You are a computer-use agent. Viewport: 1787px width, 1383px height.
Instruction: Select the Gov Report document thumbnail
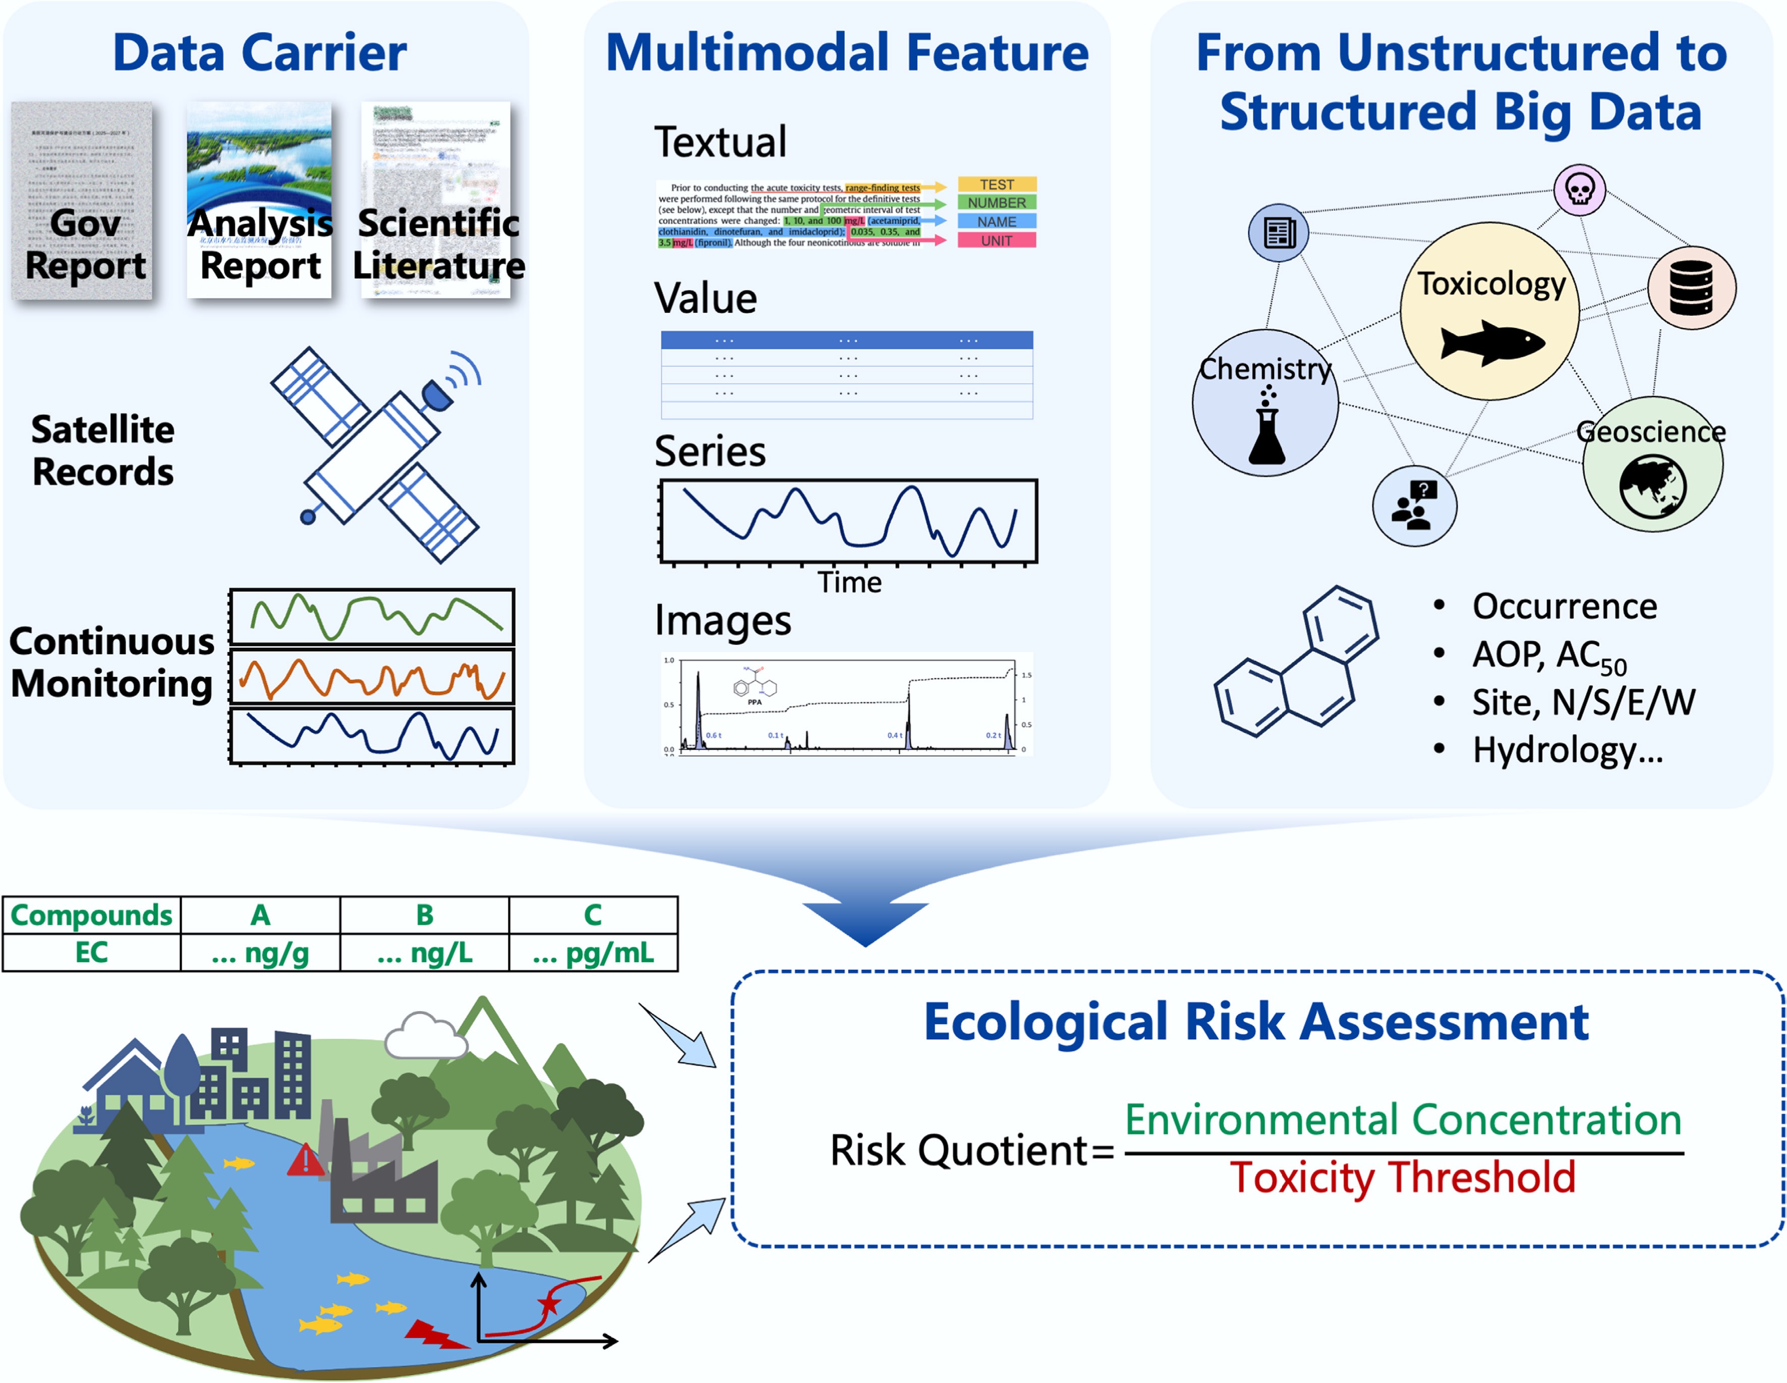point(82,200)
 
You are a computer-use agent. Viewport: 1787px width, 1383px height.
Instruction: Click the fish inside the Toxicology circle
point(1491,342)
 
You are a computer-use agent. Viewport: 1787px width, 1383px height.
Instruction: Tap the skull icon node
point(1579,190)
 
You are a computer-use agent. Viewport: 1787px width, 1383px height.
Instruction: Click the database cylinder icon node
point(1691,288)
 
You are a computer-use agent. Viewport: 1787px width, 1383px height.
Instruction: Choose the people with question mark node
point(1414,505)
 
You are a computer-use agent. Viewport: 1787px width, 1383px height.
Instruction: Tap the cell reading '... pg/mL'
point(593,953)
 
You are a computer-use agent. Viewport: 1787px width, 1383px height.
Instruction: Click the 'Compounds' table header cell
point(92,915)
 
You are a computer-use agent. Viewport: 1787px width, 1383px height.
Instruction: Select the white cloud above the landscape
point(424,1035)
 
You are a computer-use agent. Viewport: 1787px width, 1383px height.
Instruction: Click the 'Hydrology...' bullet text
point(1567,750)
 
